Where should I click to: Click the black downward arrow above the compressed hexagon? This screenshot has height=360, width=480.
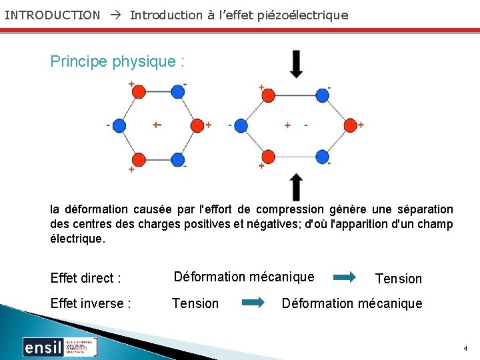[x=296, y=65]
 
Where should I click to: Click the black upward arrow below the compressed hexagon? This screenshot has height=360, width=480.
[x=296, y=187]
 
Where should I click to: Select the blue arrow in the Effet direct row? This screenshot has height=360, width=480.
[x=345, y=277]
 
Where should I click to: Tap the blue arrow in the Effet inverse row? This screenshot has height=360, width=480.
[x=253, y=303]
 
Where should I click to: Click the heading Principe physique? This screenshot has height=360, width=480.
[x=117, y=62]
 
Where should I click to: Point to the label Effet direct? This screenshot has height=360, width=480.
[x=85, y=278]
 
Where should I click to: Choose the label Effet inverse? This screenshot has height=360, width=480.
[x=91, y=303]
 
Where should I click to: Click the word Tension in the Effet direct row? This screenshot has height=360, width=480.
[x=399, y=279]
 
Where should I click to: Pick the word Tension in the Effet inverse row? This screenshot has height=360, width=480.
[x=195, y=303]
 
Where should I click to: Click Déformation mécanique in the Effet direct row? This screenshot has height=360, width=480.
[x=243, y=277]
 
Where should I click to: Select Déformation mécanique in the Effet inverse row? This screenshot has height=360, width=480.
[x=352, y=303]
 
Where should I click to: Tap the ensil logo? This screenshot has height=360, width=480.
[x=60, y=347]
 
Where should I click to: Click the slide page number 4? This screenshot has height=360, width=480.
[x=465, y=349]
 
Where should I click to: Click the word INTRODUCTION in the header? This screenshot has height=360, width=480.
[x=52, y=15]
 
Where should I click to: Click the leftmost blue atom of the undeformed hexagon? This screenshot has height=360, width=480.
[x=119, y=125]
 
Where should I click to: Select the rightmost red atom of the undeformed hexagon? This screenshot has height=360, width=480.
[x=197, y=125]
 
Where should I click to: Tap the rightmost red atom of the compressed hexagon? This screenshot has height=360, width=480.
[x=351, y=125]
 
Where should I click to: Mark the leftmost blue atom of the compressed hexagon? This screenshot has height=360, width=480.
[x=241, y=125]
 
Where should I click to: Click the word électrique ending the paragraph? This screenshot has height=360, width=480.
[x=77, y=238]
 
